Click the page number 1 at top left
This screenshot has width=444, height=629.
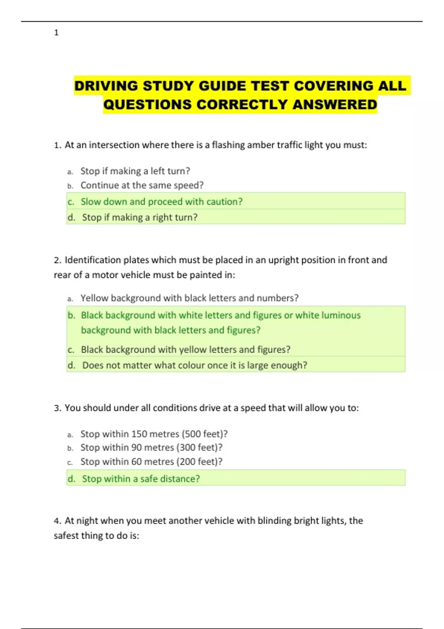[56, 33]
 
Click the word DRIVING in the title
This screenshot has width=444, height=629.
[106, 86]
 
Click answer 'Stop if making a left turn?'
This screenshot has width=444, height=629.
[135, 171]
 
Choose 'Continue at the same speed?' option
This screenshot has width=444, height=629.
[142, 185]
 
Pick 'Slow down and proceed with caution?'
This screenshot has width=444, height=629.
[162, 202]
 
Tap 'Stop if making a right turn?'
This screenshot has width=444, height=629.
[139, 217]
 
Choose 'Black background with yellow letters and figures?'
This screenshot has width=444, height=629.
[185, 350]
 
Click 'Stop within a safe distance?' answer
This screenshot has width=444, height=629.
[141, 479]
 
